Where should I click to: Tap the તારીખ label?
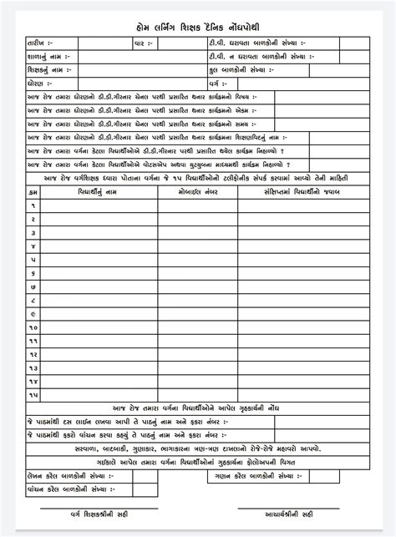[x=39, y=43]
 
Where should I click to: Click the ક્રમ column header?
[x=33, y=191]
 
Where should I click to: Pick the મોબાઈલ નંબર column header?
[x=197, y=191]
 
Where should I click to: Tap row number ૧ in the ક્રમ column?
[x=33, y=205]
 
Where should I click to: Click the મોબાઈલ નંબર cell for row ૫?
[x=197, y=259]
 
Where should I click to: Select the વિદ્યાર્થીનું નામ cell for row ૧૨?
[x=98, y=354]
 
